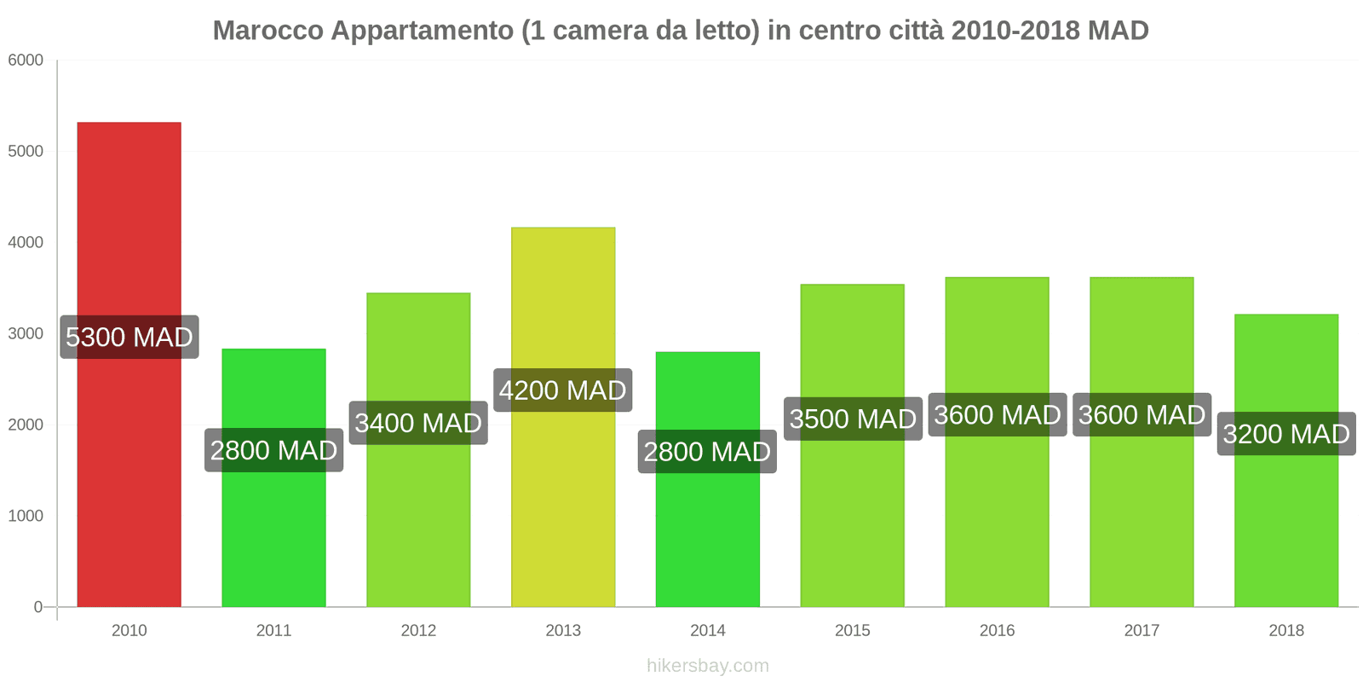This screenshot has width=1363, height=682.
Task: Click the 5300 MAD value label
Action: [x=129, y=337]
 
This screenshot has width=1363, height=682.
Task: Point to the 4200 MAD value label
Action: [x=563, y=390]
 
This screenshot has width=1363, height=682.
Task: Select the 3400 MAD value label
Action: [x=418, y=423]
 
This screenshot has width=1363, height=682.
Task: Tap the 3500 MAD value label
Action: [x=853, y=419]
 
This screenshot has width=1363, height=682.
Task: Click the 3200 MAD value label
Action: [x=1285, y=434]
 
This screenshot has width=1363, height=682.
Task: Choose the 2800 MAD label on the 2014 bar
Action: [x=707, y=451]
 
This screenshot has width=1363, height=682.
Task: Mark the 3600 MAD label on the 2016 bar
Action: [x=997, y=415]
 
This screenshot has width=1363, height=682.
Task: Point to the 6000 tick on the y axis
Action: [x=26, y=61]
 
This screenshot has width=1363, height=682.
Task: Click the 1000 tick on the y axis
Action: [x=26, y=516]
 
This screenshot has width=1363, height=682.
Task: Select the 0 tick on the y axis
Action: [x=37, y=607]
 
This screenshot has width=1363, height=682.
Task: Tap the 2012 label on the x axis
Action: [x=418, y=631]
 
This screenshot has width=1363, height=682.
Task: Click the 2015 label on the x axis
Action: [x=853, y=631]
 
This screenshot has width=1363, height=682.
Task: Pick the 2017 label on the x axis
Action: [x=1142, y=631]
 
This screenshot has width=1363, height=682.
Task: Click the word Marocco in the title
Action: [x=267, y=31]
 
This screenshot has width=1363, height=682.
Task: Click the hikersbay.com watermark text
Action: [x=707, y=666]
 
